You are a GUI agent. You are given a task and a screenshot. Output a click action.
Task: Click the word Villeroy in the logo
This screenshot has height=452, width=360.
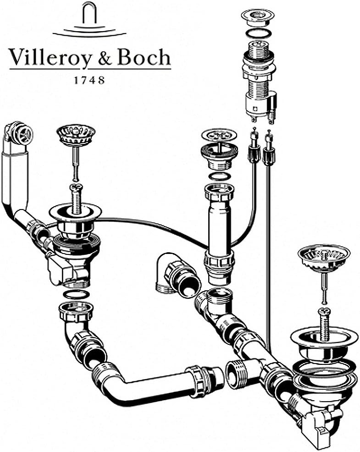[48, 59]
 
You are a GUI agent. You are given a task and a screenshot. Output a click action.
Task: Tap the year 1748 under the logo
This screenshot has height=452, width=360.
[89, 79]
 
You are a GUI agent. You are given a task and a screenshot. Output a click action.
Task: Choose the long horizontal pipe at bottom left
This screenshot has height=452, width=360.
[151, 380]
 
